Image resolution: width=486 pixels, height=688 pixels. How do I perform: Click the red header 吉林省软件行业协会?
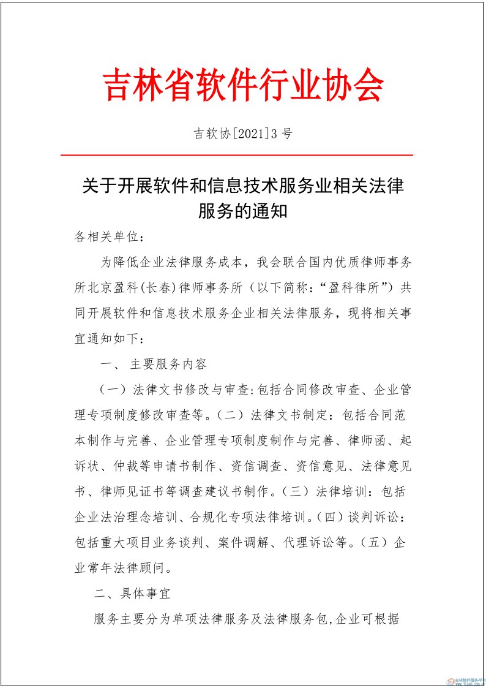(x=243, y=85)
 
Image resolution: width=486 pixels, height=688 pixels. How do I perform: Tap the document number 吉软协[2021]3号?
(x=243, y=134)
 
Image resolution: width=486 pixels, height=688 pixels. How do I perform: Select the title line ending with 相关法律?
(x=243, y=186)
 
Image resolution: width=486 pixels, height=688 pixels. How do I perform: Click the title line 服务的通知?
(x=243, y=211)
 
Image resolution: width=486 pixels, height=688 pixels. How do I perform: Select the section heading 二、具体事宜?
(x=132, y=594)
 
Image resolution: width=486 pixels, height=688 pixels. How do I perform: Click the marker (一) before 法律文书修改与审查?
(x=113, y=390)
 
